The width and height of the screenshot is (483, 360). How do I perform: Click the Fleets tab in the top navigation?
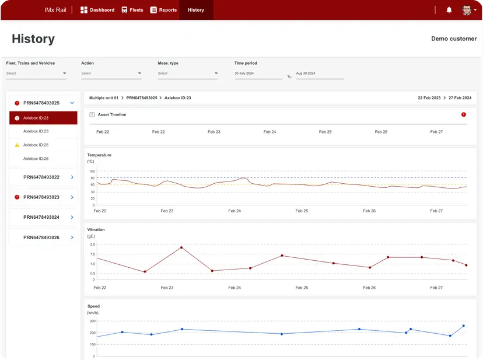pyautogui.click(x=132, y=10)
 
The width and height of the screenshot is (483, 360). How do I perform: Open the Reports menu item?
pyautogui.click(x=163, y=10)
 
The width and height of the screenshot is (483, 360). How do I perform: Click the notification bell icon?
pyautogui.click(x=449, y=10)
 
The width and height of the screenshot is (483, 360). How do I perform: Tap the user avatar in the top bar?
pyautogui.click(x=467, y=10)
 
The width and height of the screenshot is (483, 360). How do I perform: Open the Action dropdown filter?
pyautogui.click(x=111, y=74)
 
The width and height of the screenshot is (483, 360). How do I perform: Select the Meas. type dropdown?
pyautogui.click(x=187, y=74)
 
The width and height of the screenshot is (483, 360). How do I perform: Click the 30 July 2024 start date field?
pyautogui.click(x=258, y=74)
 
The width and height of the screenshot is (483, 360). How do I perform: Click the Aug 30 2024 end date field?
pyautogui.click(x=320, y=74)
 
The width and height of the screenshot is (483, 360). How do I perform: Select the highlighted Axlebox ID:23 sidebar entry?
pyautogui.click(x=43, y=118)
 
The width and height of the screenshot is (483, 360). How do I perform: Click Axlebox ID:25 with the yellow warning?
pyautogui.click(x=36, y=145)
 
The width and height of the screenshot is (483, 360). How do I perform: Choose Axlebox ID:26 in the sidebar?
pyautogui.click(x=36, y=159)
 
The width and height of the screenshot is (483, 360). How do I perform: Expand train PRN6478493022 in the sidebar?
pyautogui.click(x=72, y=177)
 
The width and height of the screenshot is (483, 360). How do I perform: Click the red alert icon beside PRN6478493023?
pyautogui.click(x=17, y=197)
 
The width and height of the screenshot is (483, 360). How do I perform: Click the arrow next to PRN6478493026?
pyautogui.click(x=72, y=237)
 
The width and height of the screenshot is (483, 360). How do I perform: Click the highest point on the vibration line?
pyautogui.click(x=181, y=247)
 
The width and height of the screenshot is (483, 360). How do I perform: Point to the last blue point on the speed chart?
pyautogui.click(x=464, y=326)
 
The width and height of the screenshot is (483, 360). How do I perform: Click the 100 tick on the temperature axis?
pyautogui.click(x=92, y=172)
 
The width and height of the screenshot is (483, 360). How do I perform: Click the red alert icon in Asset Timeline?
pyautogui.click(x=464, y=114)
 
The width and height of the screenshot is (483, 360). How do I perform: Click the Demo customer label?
pyautogui.click(x=453, y=39)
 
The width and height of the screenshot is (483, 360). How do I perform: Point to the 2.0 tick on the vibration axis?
pyautogui.click(x=92, y=244)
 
